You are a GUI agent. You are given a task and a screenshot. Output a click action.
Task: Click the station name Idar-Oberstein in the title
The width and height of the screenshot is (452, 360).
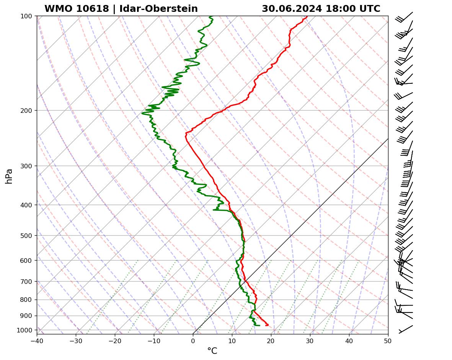pyautogui.click(x=158, y=9)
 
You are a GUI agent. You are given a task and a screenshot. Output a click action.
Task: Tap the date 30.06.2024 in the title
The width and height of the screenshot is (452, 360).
pyautogui.click(x=292, y=9)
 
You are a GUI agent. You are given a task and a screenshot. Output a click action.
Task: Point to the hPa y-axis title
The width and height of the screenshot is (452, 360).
pyautogui.click(x=9, y=176)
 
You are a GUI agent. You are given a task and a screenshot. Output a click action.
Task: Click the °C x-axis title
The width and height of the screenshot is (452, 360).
pyautogui.click(x=212, y=351)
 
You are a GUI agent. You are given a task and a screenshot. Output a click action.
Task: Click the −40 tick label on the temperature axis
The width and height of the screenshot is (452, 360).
pyautogui.click(x=37, y=340)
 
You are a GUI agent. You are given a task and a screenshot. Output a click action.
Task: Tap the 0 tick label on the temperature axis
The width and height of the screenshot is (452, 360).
pyautogui.click(x=193, y=340)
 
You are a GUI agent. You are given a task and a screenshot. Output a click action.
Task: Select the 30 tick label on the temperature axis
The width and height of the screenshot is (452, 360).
pyautogui.click(x=310, y=340)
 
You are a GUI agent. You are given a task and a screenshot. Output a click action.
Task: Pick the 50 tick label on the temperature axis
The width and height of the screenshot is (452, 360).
pyautogui.click(x=388, y=340)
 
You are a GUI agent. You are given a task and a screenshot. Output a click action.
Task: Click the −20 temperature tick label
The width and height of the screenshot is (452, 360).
pyautogui.click(x=115, y=340)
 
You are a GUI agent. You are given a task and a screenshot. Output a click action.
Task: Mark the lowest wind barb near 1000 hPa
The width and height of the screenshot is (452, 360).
pyautogui.click(x=406, y=329)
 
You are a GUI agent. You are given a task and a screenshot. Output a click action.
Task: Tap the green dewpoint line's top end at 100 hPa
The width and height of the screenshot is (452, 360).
pyautogui.click(x=210, y=16)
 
